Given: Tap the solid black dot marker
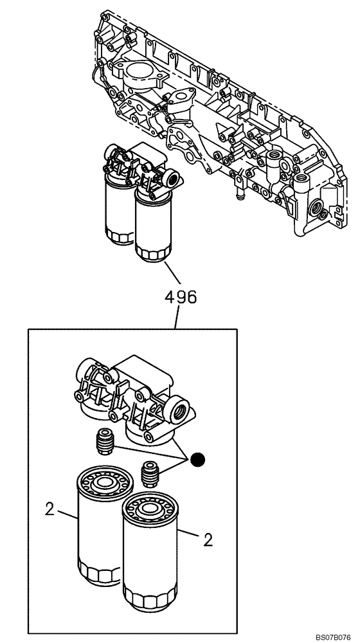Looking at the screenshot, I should click(x=199, y=459).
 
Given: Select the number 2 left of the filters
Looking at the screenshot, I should click(x=50, y=509).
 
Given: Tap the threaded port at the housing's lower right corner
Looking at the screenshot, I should click(x=318, y=207).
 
